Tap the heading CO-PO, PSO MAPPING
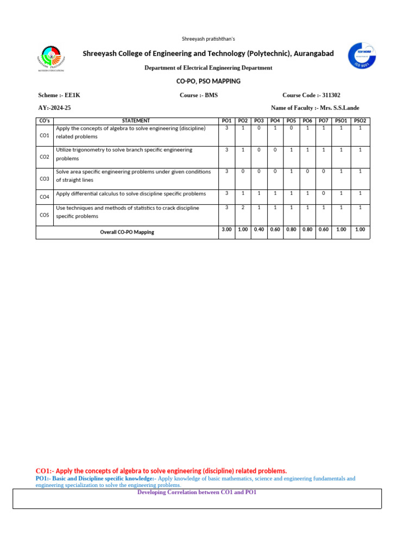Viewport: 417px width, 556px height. pos(208,81)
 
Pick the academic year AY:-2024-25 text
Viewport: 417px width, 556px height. pos(54,108)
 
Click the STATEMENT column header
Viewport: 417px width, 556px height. pos(136,121)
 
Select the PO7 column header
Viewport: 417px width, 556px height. pos(324,121)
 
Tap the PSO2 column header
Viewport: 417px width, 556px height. pos(360,121)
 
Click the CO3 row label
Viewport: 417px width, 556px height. pos(45,179)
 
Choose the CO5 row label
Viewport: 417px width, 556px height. pos(45,215)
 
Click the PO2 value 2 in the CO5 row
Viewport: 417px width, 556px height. pos(243,207)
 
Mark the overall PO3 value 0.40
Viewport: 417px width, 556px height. pos(259,230)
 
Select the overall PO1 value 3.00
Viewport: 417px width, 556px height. pos(226,230)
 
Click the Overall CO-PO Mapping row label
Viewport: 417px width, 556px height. pos(127,232)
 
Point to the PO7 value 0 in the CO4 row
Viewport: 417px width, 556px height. pos(324,193)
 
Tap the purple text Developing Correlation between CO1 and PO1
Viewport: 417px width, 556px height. pos(197,492)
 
